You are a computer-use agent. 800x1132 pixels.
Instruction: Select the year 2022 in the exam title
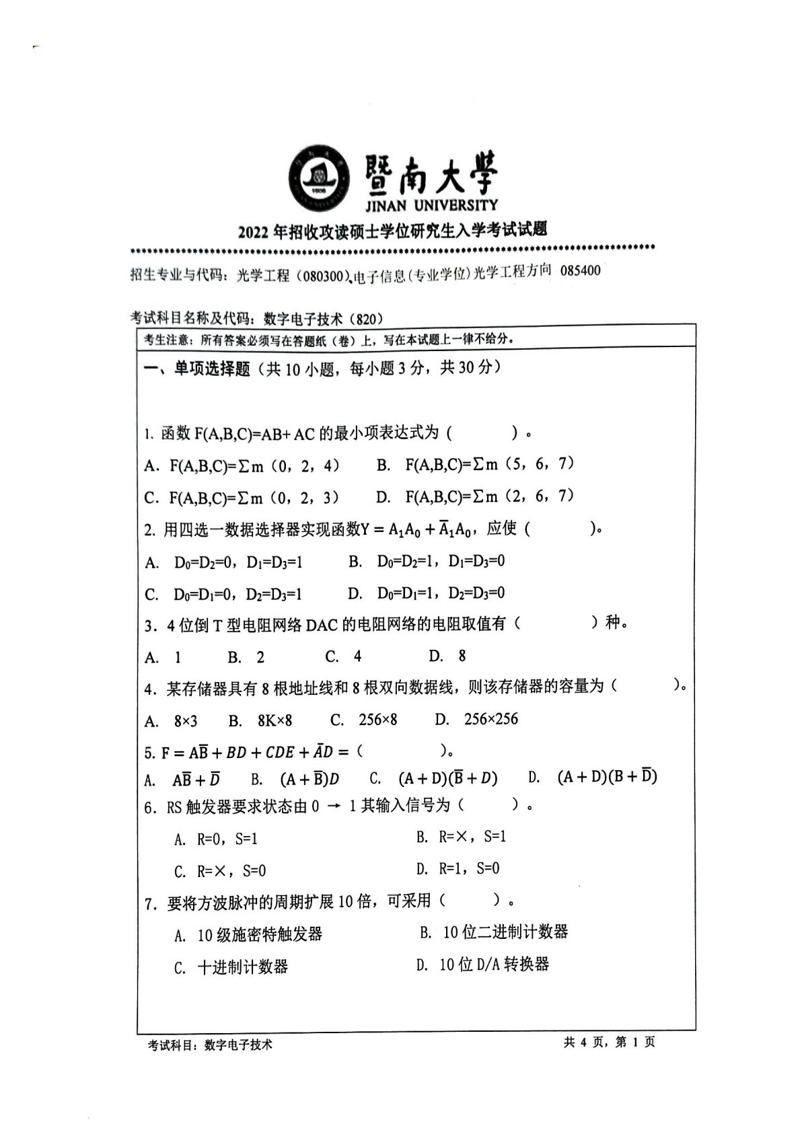[253, 233]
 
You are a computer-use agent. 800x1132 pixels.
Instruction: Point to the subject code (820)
[365, 319]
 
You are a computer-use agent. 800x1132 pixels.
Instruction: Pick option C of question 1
[242, 498]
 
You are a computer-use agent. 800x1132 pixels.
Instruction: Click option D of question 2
[426, 593]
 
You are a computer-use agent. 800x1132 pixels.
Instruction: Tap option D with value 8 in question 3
[447, 656]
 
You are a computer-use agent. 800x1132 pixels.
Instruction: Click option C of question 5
[433, 779]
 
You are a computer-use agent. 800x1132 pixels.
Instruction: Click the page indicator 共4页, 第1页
[609, 1042]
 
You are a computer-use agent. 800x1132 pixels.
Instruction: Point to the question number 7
[150, 903]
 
